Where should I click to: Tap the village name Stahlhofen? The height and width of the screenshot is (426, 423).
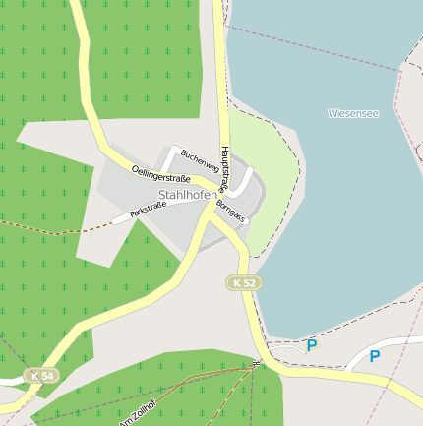pos(187,195)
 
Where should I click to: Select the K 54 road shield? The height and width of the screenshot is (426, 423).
pos(40,376)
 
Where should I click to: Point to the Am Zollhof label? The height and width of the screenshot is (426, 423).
pos(138,417)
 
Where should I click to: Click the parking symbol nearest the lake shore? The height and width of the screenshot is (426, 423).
pos(312,345)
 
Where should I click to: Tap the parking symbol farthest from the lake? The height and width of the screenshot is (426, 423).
pos(374,356)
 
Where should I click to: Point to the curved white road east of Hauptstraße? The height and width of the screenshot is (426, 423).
pos(247,182)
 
